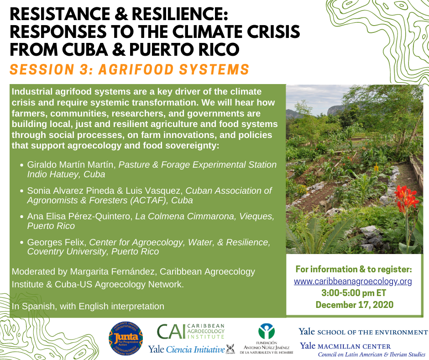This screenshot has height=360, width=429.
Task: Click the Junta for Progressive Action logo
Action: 126,339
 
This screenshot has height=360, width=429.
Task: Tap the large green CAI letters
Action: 171,332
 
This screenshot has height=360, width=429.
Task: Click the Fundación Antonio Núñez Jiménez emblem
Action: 266,331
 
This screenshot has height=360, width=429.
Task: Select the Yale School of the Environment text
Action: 363,332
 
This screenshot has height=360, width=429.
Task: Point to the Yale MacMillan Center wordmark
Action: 345,346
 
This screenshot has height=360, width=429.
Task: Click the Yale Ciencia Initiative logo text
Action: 187,349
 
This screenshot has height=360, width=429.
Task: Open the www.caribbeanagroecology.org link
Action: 353,281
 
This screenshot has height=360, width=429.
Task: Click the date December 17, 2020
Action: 355,305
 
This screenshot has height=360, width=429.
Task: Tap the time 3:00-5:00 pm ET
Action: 354,293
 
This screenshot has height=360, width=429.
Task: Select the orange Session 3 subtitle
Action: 130,69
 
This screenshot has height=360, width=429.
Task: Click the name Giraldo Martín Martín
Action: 70,164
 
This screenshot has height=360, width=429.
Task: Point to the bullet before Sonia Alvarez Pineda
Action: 21,191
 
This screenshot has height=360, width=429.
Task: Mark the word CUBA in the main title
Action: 84,49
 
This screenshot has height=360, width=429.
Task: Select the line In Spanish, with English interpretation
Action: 88,306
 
